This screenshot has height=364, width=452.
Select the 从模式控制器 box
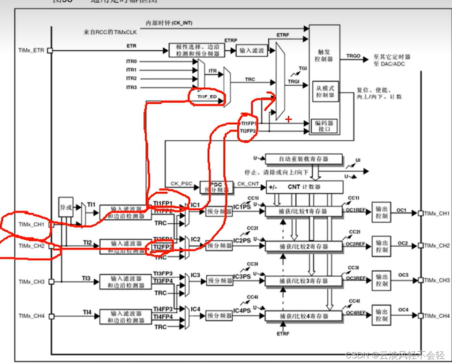point(324,91)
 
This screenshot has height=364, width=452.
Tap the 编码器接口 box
point(325,126)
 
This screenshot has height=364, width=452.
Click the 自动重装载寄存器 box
point(304,159)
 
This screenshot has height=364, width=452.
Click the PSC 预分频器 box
point(217,187)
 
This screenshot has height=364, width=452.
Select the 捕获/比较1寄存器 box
point(304,212)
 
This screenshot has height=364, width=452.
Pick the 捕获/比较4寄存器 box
point(304,316)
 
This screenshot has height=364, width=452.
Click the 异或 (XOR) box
point(66,206)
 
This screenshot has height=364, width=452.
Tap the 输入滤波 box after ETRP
point(252,50)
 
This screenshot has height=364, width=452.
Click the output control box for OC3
point(381,281)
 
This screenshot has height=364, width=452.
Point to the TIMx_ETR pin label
point(31,50)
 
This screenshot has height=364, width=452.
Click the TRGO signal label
point(353,56)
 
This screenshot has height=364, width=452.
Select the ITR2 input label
point(131,78)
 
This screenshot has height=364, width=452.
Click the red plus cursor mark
point(288,120)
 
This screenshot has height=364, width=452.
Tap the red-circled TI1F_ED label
point(207,97)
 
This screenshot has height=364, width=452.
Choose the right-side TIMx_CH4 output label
point(437,316)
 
